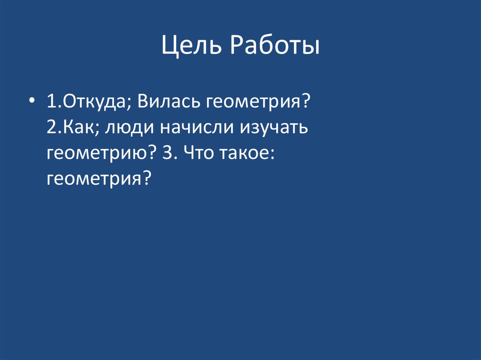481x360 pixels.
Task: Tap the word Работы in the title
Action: click(x=275, y=47)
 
